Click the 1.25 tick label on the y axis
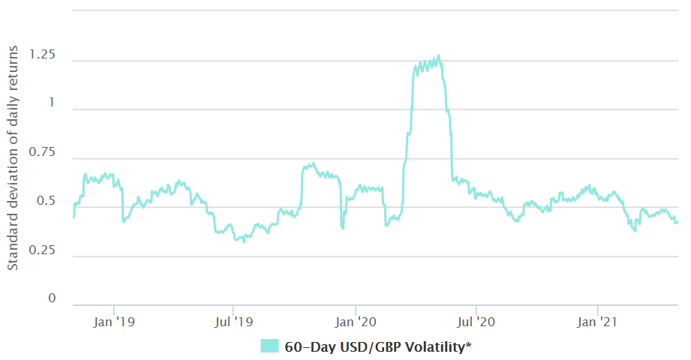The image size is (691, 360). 41,55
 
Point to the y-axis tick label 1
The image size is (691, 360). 52,103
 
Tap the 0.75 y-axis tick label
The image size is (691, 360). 41,152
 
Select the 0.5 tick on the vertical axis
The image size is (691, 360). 45,201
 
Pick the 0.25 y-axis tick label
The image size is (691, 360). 41,250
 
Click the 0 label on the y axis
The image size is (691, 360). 52,298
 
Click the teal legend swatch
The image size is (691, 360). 269,346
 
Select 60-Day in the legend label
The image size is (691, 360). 307,346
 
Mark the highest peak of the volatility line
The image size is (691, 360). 438,55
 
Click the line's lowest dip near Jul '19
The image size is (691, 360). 243,242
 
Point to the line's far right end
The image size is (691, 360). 677,221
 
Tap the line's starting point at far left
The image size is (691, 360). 73,217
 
